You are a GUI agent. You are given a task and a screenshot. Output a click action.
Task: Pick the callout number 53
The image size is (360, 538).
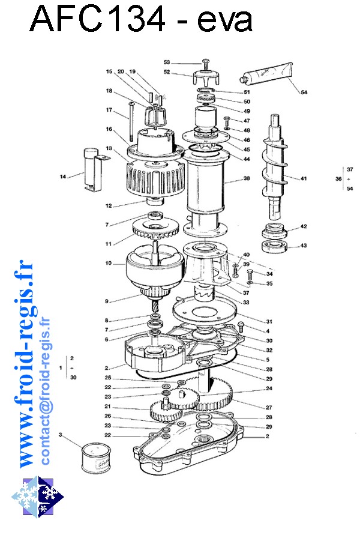[x=167, y=62]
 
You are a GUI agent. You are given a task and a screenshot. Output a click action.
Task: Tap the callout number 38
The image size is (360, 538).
[x=246, y=179]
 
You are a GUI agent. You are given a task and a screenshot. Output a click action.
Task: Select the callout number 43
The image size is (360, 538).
[x=304, y=245]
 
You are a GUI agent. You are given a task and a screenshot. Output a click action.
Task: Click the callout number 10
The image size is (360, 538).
[x=108, y=263]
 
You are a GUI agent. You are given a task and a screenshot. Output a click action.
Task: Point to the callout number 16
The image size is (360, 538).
[x=109, y=128]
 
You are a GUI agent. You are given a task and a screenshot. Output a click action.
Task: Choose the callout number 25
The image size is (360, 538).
[x=108, y=378]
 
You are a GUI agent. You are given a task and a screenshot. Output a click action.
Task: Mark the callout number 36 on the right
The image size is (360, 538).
[x=338, y=179]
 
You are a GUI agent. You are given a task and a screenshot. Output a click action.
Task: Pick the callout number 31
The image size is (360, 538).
[x=253, y=320]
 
